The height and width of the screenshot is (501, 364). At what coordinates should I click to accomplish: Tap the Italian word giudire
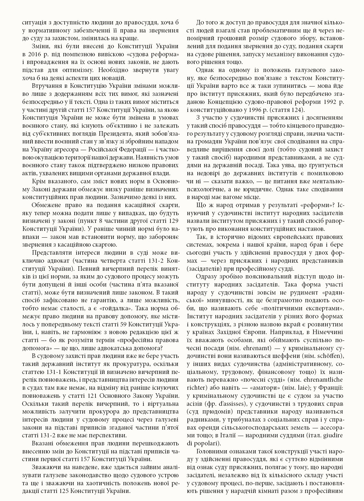[333, 435]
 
